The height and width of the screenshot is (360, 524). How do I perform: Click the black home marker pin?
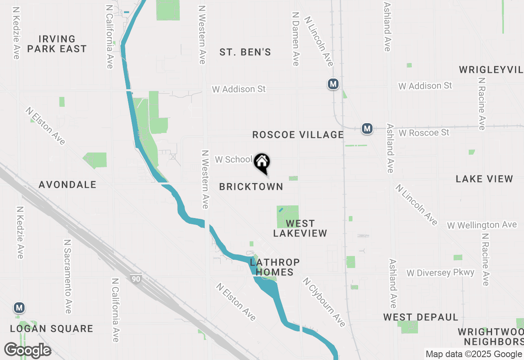[262, 162]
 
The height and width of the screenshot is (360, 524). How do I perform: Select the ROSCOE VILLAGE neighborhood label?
[298, 135]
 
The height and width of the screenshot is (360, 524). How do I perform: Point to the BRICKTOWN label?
[251, 187]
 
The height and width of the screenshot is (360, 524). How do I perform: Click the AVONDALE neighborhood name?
[68, 184]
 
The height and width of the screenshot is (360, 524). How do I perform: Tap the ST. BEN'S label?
[245, 52]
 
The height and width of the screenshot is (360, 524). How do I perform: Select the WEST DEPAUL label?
[420, 317]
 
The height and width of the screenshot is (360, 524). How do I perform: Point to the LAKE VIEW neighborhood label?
[484, 179]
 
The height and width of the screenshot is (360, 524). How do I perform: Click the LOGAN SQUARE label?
[52, 328]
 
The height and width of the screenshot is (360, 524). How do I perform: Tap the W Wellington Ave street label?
[482, 225]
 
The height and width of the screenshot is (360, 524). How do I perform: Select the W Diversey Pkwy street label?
[440, 272]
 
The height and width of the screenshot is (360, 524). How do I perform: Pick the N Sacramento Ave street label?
[68, 276]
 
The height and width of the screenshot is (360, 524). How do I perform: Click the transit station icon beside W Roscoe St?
[367, 129]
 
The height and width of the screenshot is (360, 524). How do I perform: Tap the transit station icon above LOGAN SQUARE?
[18, 307]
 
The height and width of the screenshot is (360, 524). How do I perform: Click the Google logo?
[27, 350]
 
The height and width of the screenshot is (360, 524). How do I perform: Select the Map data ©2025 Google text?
[474, 354]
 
